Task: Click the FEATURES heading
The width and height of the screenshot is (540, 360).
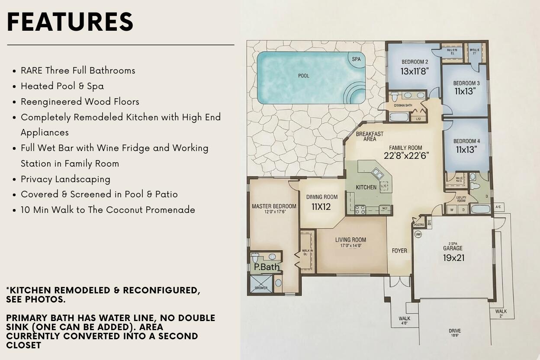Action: (x=70, y=22)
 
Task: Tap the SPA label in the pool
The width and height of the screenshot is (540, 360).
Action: (x=356, y=59)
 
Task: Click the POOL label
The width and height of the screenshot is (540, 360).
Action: (x=304, y=76)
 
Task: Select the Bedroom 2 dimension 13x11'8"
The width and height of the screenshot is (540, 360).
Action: (x=415, y=71)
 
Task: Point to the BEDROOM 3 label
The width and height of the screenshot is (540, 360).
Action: (x=466, y=83)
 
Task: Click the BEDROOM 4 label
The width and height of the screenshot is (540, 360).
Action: (x=466, y=141)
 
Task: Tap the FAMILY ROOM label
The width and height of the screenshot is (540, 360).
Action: (x=405, y=148)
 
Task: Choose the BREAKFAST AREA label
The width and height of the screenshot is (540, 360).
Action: (x=370, y=136)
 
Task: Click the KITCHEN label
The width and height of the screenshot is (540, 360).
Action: (x=366, y=187)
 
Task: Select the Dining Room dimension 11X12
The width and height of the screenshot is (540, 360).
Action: (x=321, y=207)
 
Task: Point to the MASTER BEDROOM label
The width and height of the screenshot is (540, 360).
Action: (x=274, y=206)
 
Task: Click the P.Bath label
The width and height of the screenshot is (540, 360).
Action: (x=267, y=267)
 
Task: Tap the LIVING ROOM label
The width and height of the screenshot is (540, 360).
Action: (x=350, y=240)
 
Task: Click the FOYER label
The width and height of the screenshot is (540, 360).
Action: (x=399, y=251)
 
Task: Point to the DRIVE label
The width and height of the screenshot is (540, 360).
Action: (x=454, y=331)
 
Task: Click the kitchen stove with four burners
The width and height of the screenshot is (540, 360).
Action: (x=360, y=210)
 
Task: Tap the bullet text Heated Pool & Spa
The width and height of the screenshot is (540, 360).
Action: (x=62, y=86)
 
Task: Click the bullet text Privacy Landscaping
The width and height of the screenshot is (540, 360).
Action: (x=65, y=179)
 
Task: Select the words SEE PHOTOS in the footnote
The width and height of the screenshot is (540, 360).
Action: (x=36, y=299)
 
